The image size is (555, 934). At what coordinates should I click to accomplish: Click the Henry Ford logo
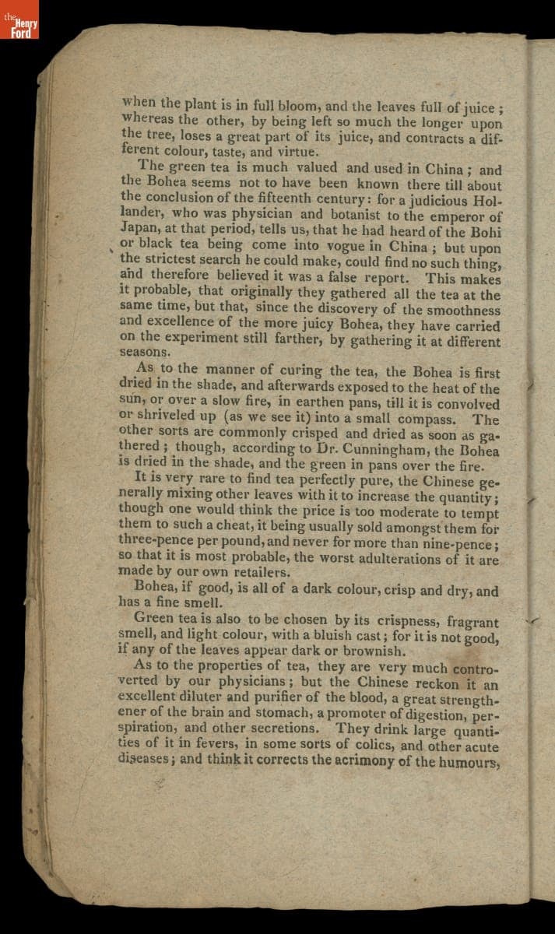click(19, 27)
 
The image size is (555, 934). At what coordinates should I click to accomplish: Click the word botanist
click(348, 216)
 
